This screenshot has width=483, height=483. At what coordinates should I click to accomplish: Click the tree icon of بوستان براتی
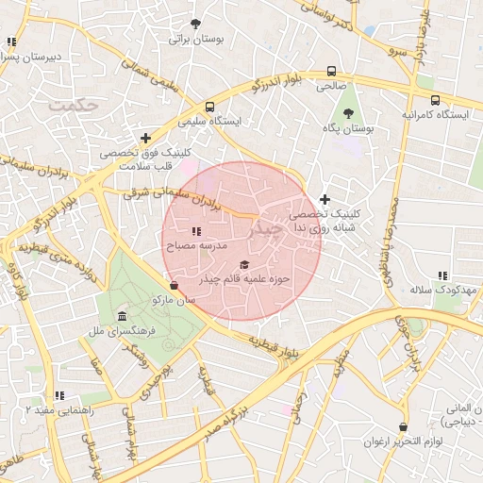coord(195,24)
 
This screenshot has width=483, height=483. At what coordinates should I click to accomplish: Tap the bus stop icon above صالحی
coord(331,71)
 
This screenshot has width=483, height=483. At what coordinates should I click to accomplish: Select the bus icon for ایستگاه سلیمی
coord(209,107)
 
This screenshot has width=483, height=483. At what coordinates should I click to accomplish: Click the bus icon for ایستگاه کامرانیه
coord(435,99)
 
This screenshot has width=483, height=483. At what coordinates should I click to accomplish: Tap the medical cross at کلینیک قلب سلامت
coord(145,138)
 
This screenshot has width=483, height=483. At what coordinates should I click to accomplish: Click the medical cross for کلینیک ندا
coord(325,199)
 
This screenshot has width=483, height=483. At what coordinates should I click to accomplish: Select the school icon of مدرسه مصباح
coord(196,231)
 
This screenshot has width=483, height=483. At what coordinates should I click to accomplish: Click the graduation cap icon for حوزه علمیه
coord(244,265)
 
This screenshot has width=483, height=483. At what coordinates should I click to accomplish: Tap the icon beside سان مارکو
coord(173,285)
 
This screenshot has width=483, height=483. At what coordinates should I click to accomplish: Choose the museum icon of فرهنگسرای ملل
coord(122,316)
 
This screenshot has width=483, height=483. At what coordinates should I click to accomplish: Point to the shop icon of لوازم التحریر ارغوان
coord(404,427)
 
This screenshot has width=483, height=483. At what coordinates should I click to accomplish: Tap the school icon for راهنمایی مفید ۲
coord(59,395)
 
